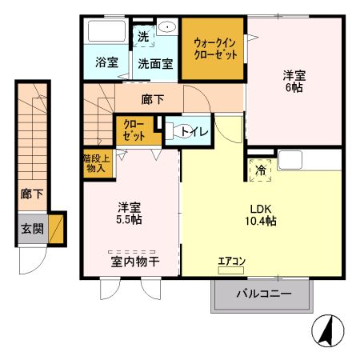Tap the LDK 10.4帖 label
(260, 215)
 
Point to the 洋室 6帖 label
(294, 82)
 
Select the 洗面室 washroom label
(154, 62)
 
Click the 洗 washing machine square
(142, 36)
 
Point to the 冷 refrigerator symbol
(262, 169)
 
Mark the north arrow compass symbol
(326, 330)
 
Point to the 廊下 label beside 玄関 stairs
(26, 194)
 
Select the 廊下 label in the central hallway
(152, 100)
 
